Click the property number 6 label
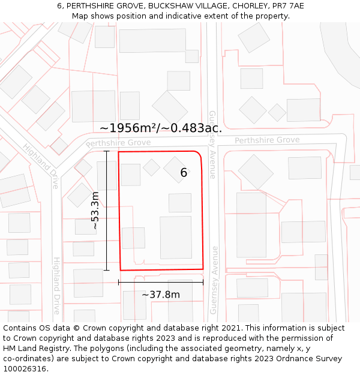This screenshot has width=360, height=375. coord(184,173)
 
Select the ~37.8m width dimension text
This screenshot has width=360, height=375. coord(160,295)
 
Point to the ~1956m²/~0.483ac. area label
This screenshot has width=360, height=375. coord(160,128)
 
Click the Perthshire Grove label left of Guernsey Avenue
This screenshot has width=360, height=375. coord(118,143)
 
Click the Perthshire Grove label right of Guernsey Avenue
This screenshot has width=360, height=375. coord(266,140)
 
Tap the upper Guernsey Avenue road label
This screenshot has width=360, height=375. coord(212,144)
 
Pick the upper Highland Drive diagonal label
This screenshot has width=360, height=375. coord(41,166)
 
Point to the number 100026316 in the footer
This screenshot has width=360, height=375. coord(25,368)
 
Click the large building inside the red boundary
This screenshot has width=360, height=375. coord(176,238)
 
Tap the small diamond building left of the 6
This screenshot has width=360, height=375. coord(151,167)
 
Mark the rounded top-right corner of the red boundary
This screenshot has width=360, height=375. coord(197,154)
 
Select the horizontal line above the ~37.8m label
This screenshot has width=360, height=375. coord(160,282)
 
